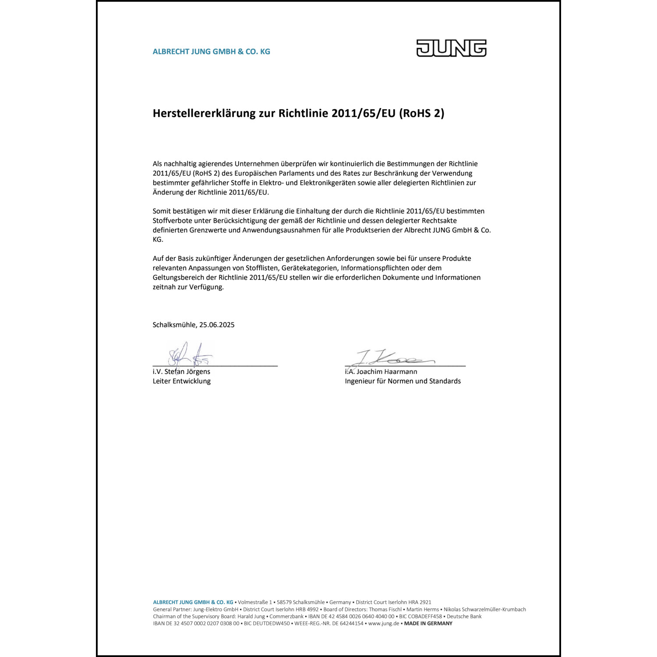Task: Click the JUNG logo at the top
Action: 451,48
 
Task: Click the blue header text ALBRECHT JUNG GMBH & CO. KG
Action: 211,52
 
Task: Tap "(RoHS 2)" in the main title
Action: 422,113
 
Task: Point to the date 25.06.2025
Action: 217,325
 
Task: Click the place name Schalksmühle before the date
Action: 174,325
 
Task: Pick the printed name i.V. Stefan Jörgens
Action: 181,372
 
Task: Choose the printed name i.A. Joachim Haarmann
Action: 381,372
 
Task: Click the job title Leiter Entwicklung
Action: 181,381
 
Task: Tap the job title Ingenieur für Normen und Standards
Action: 403,381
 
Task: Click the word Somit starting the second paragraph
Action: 162,211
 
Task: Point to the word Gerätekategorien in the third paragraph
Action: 309,268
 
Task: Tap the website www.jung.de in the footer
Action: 383,623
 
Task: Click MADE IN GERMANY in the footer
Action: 428,623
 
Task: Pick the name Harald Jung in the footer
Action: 251,616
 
